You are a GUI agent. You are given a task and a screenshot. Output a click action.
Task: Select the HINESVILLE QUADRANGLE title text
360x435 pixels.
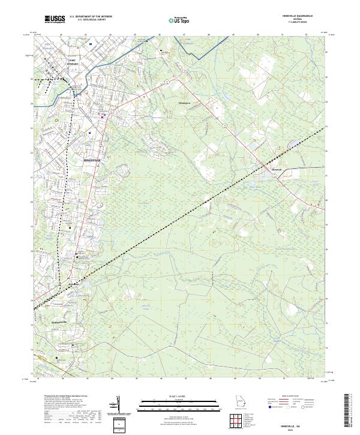(300, 16)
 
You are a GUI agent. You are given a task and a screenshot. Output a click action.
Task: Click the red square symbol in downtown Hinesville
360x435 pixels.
(103, 117)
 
